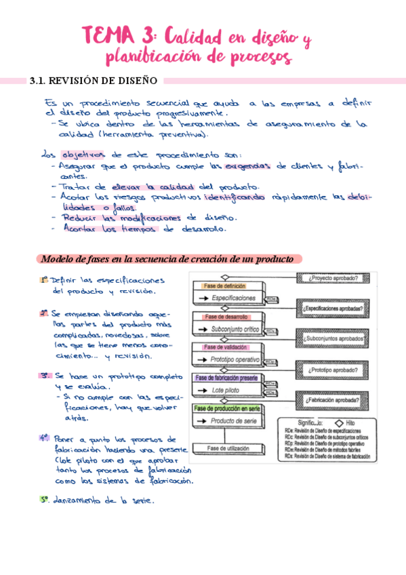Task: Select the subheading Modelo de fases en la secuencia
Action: [167, 259]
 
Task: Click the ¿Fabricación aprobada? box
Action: [332, 400]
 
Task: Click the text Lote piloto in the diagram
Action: [228, 391]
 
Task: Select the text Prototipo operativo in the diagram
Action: [235, 359]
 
